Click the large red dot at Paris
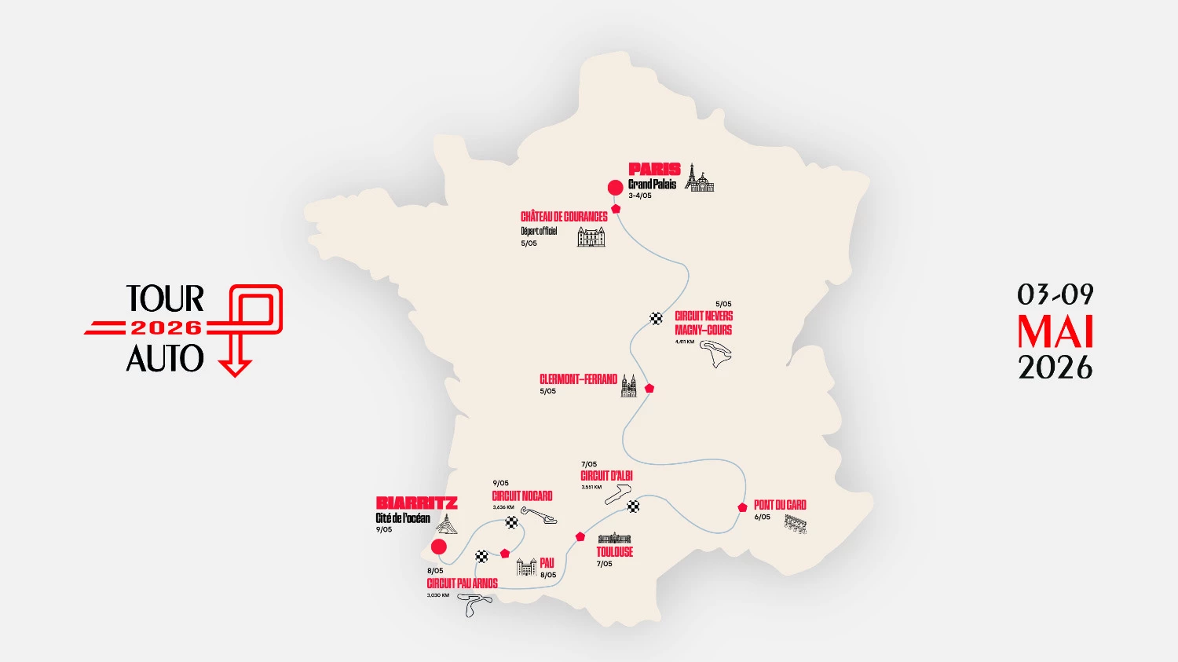point(616,187)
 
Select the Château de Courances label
point(564,216)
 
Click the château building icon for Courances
point(591,236)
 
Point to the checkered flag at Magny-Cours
point(657,318)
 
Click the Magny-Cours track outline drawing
point(719,355)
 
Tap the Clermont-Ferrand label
point(578,379)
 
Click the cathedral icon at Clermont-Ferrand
point(629,386)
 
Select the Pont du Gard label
point(780,505)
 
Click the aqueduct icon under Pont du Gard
point(795,525)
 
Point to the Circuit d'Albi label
point(606,476)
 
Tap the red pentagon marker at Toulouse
point(580,537)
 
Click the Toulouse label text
point(614,552)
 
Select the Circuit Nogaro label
point(522,496)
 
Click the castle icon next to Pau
point(525,566)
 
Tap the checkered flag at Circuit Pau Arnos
point(482,556)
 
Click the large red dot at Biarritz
point(439,547)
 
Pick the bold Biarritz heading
point(416,503)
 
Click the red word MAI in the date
point(1055,332)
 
